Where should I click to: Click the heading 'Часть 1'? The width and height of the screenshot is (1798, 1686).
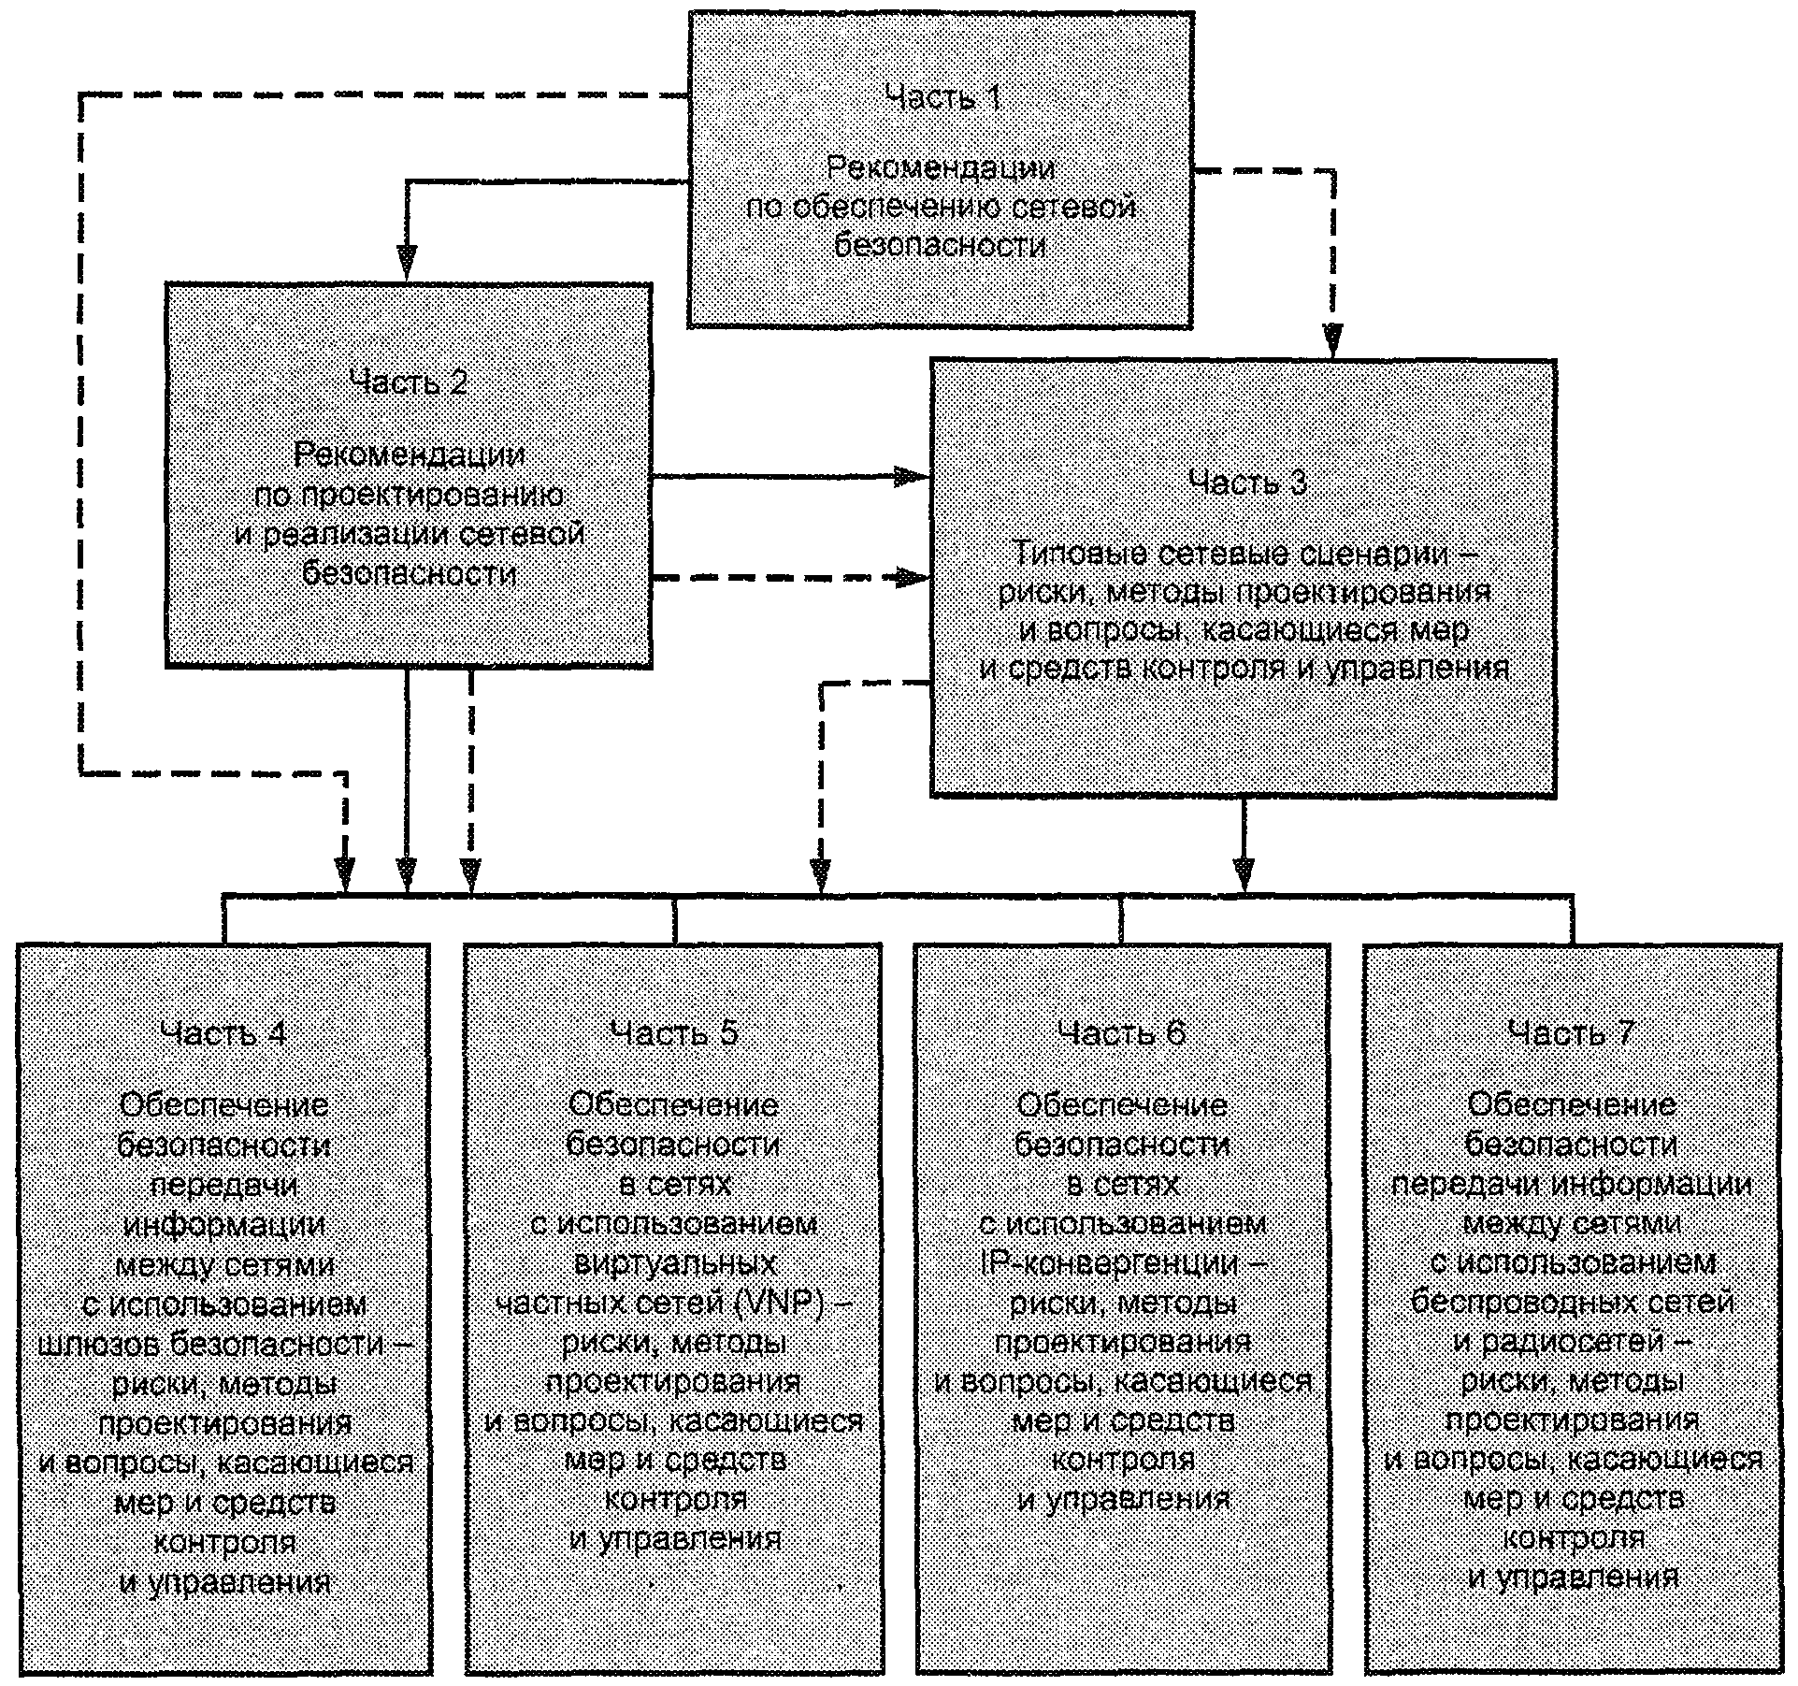942,97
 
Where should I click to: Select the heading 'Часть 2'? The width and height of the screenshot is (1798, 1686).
409,382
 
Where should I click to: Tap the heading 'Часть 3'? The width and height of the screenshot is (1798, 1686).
1247,483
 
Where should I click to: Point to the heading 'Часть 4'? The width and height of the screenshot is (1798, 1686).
223,1032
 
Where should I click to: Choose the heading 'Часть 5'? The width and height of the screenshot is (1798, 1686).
673,1032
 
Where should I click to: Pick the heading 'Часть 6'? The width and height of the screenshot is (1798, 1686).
1122,1032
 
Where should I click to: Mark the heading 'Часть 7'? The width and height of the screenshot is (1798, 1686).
1572,1032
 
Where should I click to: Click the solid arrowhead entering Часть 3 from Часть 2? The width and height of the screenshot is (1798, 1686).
911,477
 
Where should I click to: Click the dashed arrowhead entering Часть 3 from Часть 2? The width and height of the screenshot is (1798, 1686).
911,577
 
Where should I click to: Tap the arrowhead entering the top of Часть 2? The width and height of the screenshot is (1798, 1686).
406,263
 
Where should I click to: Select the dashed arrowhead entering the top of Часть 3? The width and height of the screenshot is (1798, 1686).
1333,341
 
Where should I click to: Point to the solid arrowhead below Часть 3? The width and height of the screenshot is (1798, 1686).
1243,875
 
